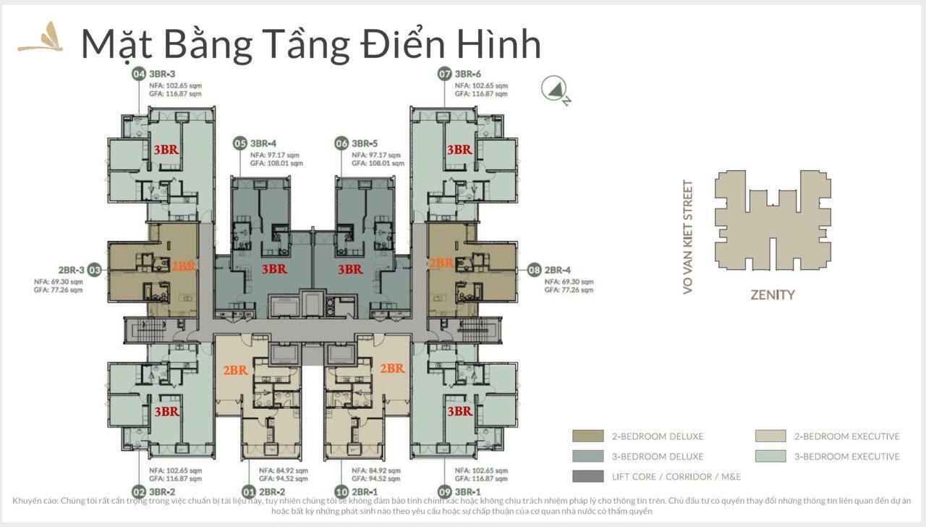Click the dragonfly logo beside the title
41,38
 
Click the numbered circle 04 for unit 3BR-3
139,74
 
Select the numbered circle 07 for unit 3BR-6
444,74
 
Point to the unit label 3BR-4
264,143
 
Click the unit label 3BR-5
366,143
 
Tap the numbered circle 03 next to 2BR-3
95,270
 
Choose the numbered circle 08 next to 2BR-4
534,270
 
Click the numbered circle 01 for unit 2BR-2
248,492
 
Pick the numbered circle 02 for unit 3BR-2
139,492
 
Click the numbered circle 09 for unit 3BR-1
444,492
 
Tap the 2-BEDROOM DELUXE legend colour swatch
587,436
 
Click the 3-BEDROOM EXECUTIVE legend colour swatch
770,456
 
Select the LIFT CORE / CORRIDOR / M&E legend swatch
587,476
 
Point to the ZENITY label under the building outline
772,295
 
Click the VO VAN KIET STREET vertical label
688,237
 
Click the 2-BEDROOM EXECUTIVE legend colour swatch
770,436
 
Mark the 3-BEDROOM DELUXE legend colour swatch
587,456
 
